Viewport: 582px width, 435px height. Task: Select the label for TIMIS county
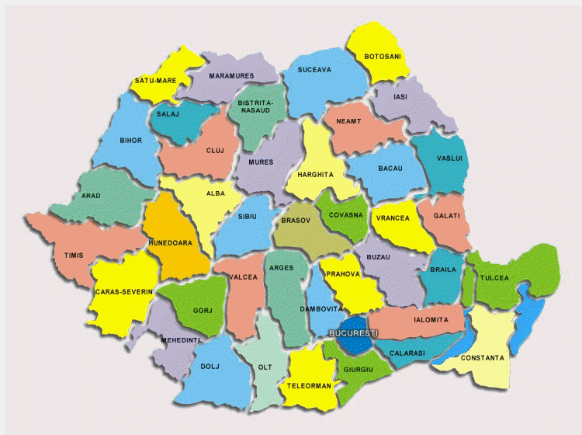point(74,255)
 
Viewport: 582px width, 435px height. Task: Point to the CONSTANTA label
point(482,358)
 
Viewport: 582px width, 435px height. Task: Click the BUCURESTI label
point(353,333)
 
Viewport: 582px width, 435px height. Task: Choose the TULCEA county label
point(494,277)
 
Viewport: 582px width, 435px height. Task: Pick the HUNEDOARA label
point(171,242)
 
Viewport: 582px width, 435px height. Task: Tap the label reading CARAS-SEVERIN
point(123,292)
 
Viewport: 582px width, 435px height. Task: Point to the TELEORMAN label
point(309,385)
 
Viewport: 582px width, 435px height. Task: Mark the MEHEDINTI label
point(181,340)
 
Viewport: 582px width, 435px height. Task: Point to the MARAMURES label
point(232,76)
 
